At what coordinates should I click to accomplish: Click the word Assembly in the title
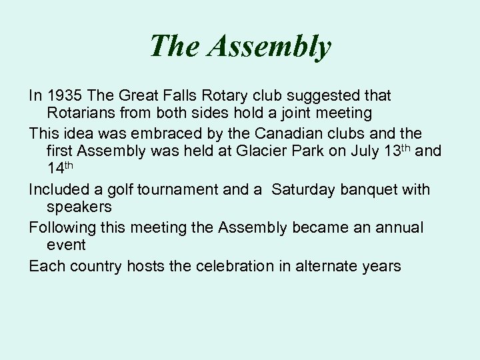tap(269, 46)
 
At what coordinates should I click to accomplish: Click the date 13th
tap(398, 151)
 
